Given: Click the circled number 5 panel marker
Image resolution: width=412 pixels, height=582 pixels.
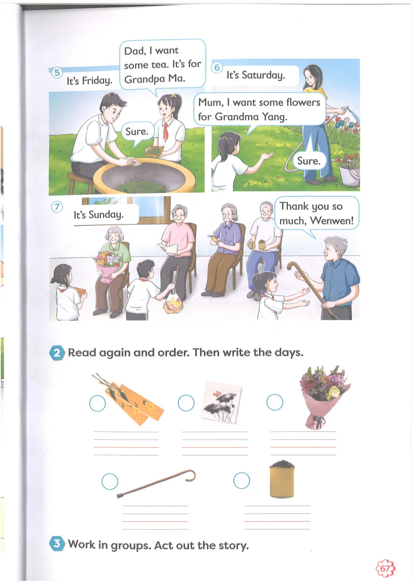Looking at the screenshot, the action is click(57, 72).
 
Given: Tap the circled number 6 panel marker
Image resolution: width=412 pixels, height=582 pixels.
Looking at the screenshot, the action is click(217, 68).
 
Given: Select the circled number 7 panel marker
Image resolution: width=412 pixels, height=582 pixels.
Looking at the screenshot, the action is click(57, 207).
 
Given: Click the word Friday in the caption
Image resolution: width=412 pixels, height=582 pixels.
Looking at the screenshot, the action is click(97, 81).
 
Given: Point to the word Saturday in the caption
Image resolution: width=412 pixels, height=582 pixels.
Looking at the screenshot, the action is click(264, 76).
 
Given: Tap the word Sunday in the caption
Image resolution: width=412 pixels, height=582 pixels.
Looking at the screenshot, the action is click(106, 215).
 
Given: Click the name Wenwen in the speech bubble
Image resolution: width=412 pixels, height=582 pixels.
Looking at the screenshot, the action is click(332, 221).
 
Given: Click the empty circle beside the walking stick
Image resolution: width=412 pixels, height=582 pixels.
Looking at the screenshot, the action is click(110, 481).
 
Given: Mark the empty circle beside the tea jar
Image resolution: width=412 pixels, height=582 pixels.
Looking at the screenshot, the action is click(242, 480).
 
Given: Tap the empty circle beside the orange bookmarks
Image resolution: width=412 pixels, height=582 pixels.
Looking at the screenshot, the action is click(97, 403).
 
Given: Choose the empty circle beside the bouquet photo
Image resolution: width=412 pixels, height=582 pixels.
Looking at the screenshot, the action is click(274, 402).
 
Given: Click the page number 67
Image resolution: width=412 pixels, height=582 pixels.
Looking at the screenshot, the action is click(385, 568).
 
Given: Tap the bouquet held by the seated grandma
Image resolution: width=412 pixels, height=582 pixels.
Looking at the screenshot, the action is click(108, 265).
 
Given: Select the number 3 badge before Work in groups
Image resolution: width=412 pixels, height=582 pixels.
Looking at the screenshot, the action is click(57, 543).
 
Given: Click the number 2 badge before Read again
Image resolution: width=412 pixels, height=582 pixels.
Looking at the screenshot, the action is click(57, 352).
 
